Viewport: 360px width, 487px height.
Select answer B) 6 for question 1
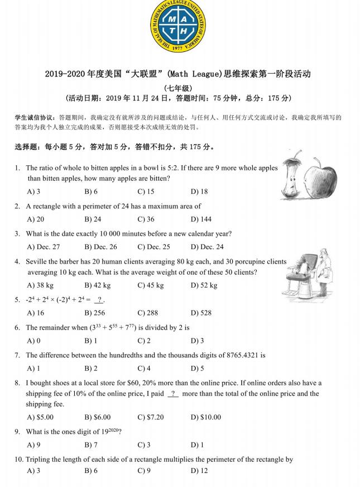click(91, 192)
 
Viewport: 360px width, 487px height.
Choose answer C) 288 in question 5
click(148, 313)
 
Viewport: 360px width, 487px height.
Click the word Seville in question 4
click(37, 261)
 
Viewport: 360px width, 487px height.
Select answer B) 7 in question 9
click(91, 445)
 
